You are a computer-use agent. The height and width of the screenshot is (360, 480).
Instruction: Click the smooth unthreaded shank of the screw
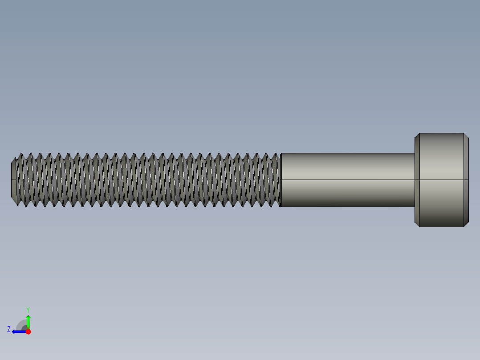click(347, 169)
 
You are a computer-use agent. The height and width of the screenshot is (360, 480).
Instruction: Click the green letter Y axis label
click(28, 309)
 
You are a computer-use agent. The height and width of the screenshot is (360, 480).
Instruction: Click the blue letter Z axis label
click(9, 329)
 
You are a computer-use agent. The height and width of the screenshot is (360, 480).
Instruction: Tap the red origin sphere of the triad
click(28, 331)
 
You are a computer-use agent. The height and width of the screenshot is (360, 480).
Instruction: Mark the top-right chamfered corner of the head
click(466, 135)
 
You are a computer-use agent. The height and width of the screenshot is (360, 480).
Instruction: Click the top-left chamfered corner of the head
click(417, 135)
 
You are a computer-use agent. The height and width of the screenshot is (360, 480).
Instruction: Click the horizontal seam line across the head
click(442, 180)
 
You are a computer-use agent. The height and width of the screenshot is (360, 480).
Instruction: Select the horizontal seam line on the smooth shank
click(347, 180)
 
